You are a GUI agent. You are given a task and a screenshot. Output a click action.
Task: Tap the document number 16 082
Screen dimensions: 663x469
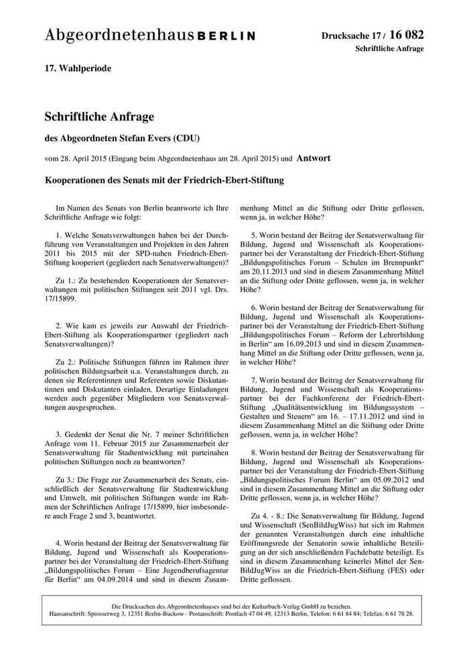[x=405, y=34]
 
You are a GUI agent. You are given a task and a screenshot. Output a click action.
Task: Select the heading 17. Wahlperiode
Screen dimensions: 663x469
[x=78, y=68]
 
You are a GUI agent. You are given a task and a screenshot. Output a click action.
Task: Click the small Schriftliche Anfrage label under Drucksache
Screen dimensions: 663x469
[x=389, y=49]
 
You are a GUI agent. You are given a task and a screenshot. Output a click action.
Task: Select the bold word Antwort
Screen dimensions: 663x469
[x=315, y=159]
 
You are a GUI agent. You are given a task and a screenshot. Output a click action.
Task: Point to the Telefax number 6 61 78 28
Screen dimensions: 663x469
[x=395, y=613]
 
